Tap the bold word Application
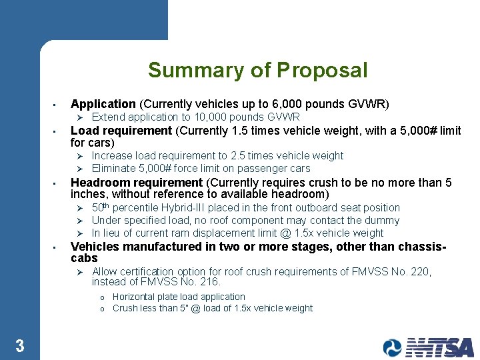point(103,104)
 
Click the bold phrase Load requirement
point(121,131)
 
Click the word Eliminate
point(114,168)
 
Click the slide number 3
point(20,345)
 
